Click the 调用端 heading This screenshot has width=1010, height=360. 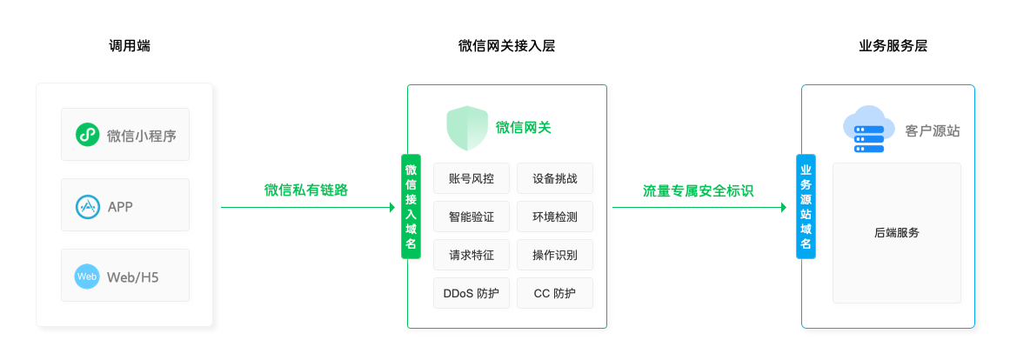pos(130,46)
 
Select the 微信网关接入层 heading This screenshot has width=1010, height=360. pos(506,46)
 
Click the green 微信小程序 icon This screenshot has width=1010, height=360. pos(86,135)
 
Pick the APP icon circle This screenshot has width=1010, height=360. pos(86,206)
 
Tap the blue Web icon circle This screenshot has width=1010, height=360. pos(86,277)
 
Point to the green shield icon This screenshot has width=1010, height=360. pos(467,129)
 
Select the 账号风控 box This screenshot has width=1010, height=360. pos(471,178)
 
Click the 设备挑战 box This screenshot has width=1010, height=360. pos(555,178)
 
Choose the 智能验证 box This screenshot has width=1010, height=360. pos(471,217)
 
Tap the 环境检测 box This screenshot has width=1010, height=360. pos(555,217)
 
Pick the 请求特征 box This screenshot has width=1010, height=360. pos(471,255)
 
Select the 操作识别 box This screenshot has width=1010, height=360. pos(555,255)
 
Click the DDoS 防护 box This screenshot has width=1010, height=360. pos(471,293)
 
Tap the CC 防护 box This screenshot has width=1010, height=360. pos(555,293)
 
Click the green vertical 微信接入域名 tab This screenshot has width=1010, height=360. pos(411,206)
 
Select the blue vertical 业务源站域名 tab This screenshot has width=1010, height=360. pos(806,206)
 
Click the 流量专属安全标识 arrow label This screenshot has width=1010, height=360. pos(698,190)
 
